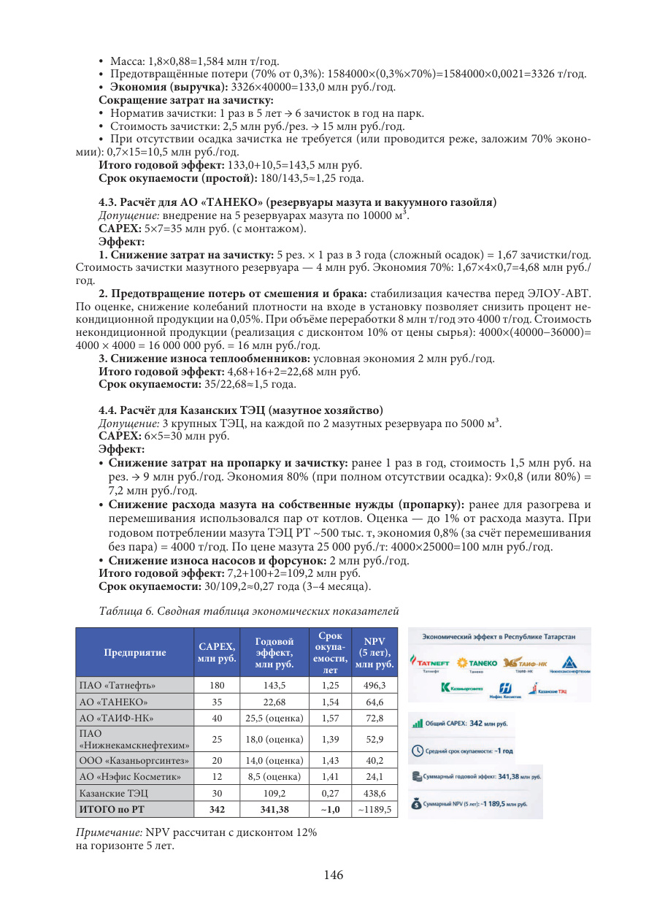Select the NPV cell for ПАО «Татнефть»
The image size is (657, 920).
[x=374, y=686]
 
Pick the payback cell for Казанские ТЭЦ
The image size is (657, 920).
[x=330, y=793]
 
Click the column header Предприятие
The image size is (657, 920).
[x=134, y=652]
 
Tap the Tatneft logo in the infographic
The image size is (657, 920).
[x=430, y=662]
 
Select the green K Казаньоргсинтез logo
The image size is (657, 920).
[x=446, y=688]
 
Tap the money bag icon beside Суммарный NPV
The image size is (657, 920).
[x=417, y=804]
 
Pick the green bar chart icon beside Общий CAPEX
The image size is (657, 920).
[x=418, y=724]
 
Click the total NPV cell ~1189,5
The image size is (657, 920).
[x=374, y=809]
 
